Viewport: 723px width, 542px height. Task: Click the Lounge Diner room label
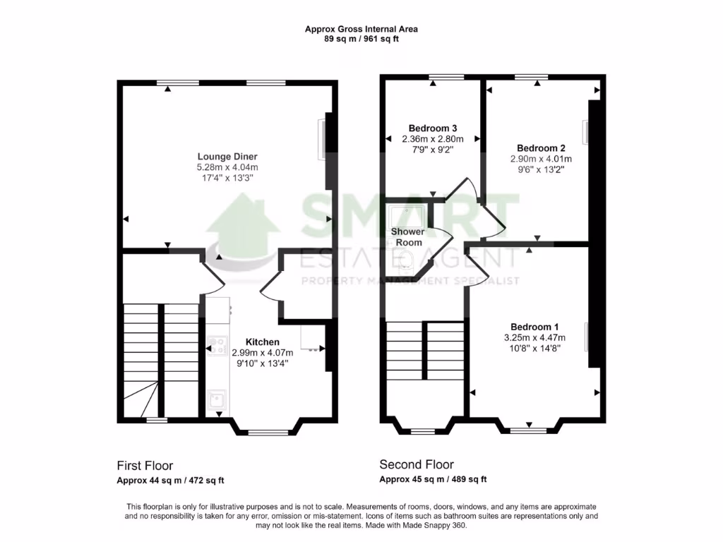coord(227,156)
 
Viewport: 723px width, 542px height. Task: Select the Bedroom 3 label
coord(429,128)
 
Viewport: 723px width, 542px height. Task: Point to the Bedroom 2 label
coord(541,148)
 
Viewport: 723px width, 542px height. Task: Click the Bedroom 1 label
coord(534,327)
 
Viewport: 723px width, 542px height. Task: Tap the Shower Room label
coord(408,236)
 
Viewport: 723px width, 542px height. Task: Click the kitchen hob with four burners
coord(215,347)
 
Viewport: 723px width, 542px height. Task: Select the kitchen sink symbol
coord(217,402)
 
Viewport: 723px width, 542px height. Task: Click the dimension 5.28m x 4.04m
coord(227,167)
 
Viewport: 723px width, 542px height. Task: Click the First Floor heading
coord(145,466)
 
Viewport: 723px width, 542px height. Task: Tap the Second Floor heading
coord(417,464)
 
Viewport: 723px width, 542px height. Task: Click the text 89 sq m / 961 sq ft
coord(361,39)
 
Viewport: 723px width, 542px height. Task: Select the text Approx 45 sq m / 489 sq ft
coord(433,480)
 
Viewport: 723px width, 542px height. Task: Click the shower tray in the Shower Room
coord(405,215)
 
